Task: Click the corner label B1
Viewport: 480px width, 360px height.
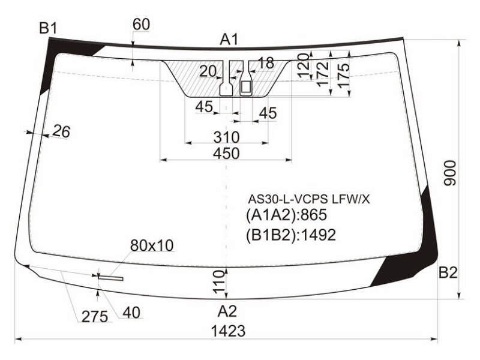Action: [x=48, y=29]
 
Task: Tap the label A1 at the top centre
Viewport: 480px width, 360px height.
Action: [x=229, y=40]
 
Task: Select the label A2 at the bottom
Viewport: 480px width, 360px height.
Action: [x=227, y=311]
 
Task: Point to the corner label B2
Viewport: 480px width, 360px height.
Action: [x=448, y=272]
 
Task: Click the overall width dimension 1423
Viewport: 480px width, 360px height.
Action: [x=229, y=331]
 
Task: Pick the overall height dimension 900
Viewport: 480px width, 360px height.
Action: [x=450, y=173]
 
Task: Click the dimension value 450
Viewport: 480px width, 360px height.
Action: [x=226, y=154]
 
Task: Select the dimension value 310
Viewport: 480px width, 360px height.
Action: [x=226, y=137]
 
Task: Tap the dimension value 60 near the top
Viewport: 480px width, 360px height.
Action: [x=141, y=25]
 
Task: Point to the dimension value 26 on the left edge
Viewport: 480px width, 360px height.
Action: [x=62, y=131]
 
